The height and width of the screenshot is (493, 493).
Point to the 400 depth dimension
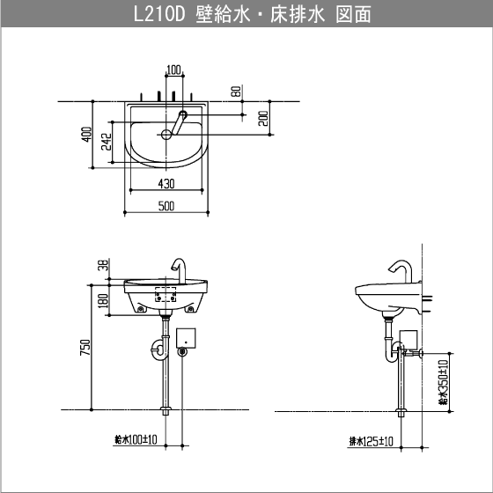(x=85, y=134)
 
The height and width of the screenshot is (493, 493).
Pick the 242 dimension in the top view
(x=106, y=143)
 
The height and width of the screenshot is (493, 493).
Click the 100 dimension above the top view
(x=173, y=70)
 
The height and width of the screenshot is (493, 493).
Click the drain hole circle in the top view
(x=166, y=135)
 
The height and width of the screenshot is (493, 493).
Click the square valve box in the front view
(x=187, y=337)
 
